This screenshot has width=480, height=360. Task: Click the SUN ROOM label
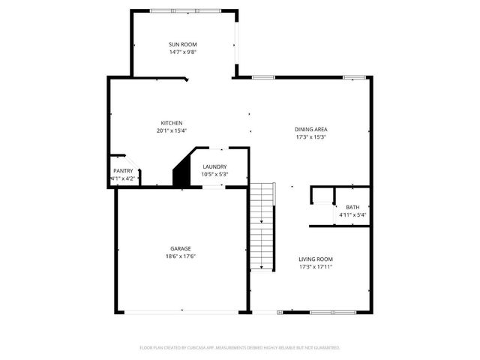pos(183,45)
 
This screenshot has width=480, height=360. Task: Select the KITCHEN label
pos(172,123)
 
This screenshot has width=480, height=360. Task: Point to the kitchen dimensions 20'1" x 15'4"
pos(172,130)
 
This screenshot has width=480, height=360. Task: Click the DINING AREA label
pos(310,129)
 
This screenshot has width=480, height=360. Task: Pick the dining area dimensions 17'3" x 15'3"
pos(310,136)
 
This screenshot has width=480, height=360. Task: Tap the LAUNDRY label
pos(214,166)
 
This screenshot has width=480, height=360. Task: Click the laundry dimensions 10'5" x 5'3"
pos(214,174)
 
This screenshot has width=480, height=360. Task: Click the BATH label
pos(352,208)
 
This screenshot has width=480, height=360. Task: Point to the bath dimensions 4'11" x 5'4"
pos(352,215)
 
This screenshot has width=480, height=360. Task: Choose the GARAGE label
pos(180,248)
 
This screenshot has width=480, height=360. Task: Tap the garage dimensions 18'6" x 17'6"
pos(180,256)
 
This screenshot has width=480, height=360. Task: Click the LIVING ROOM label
pos(315,259)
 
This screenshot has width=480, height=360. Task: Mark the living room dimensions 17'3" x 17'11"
pos(315,266)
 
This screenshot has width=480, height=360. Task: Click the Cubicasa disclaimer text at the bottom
pos(240,348)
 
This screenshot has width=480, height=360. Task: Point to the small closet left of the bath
pos(322,196)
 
